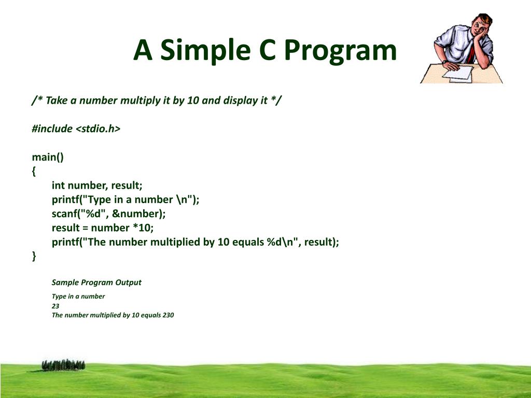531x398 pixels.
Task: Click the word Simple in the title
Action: pos(205,51)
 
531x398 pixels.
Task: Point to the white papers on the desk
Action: pos(458,74)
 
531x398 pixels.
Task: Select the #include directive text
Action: pos(52,129)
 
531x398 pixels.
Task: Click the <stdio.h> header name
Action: pos(98,129)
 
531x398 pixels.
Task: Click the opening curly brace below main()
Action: pos(34,171)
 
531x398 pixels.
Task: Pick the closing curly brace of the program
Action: pos(34,256)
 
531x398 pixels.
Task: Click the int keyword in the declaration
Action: pos(58,185)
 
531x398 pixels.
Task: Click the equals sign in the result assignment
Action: pos(85,228)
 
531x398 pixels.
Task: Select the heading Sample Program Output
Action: pos(96,282)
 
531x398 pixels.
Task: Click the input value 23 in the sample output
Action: pos(55,306)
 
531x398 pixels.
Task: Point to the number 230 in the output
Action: pos(168,315)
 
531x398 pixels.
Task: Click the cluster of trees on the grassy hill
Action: pos(63,365)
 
